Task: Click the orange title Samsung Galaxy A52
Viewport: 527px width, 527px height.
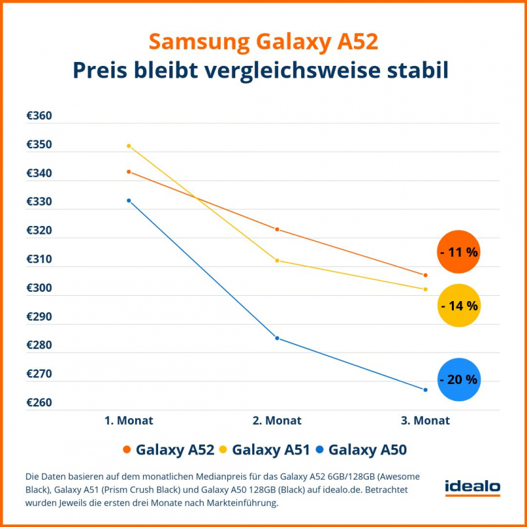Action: pos(263,42)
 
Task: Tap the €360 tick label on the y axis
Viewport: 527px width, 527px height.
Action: pos(39,116)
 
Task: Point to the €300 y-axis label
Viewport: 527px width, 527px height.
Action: pos(39,288)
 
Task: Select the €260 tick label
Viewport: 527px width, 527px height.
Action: pos(39,402)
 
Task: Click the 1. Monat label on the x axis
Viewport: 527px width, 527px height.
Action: pos(128,420)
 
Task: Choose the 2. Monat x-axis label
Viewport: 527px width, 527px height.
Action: pos(277,420)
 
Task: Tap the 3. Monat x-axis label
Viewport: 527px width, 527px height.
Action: pos(425,420)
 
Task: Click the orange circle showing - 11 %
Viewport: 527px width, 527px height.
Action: pos(458,252)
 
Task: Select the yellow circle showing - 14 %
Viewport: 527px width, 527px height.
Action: pos(458,306)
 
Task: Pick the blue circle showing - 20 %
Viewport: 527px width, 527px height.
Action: pos(458,379)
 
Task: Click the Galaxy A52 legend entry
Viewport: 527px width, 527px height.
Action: pos(168,451)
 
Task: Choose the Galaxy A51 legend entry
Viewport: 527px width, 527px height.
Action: pos(265,451)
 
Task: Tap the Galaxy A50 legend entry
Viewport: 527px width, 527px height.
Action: pos(361,451)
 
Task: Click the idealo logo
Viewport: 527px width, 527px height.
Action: pos(472,488)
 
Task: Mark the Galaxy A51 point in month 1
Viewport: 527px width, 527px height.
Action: pos(129,146)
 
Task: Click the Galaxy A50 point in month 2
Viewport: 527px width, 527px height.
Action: pos(277,338)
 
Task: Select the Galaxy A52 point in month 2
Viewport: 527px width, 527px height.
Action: pos(277,229)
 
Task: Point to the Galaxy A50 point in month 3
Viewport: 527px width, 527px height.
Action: pos(426,390)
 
